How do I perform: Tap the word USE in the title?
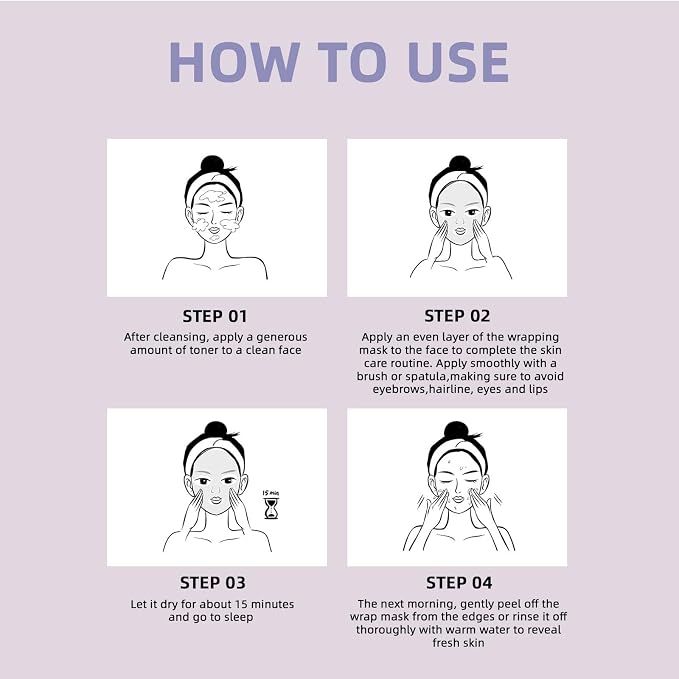[458, 62]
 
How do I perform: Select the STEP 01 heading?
[215, 316]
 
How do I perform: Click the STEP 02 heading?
[457, 316]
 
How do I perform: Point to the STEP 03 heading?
[213, 583]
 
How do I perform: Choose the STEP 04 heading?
[459, 583]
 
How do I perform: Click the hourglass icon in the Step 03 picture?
[271, 508]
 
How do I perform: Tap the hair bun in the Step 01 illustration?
[212, 164]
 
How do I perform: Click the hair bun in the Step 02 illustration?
[460, 164]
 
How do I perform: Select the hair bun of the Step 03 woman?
[216, 430]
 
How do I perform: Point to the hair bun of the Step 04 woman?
[457, 430]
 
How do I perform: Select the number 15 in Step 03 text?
[241, 604]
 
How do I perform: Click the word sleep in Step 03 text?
[239, 618]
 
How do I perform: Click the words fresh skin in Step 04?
[458, 643]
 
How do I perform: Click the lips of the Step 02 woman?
[460, 232]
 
